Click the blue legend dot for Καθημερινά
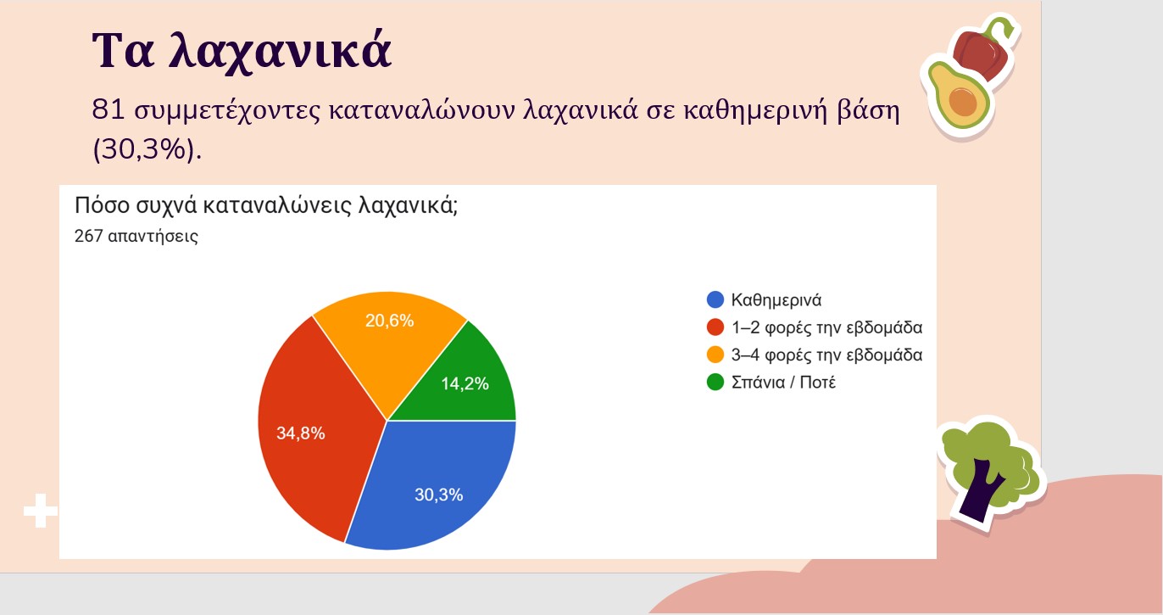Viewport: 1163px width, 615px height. point(715,299)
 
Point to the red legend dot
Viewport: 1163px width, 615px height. point(715,327)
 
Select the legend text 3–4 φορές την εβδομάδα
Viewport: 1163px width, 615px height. point(826,355)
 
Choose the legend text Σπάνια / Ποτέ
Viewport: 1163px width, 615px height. point(783,383)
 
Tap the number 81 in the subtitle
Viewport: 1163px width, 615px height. point(108,110)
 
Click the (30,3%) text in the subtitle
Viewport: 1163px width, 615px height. point(147,149)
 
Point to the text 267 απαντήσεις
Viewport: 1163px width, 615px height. point(136,237)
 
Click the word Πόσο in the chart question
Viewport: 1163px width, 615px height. point(102,205)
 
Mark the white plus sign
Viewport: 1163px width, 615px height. point(41,511)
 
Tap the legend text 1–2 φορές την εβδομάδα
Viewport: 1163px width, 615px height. point(826,327)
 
